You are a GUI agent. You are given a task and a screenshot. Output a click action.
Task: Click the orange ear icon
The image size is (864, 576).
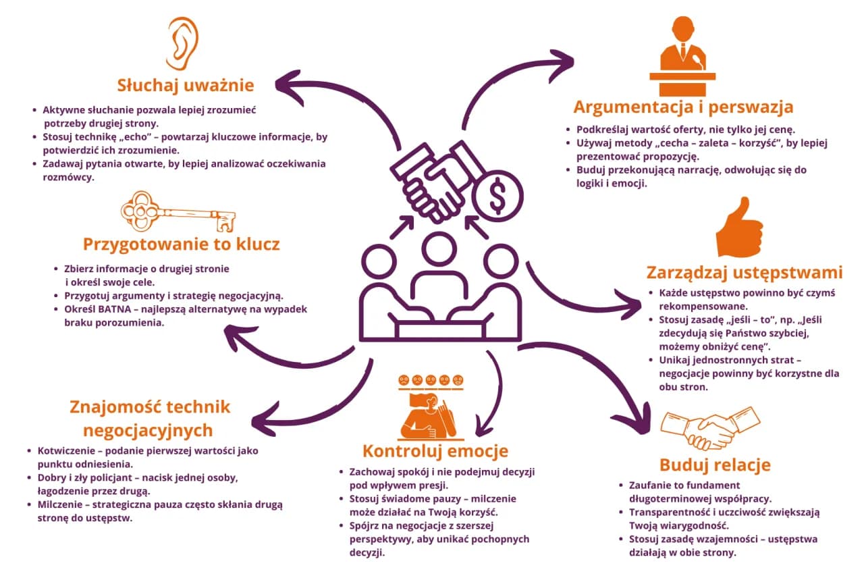click(182, 43)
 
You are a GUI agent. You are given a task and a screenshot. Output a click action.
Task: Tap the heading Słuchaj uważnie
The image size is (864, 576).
click(186, 85)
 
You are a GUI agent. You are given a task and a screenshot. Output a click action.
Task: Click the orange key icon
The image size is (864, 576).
click(178, 211)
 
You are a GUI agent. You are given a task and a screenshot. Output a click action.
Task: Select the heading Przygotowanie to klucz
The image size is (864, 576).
click(182, 244)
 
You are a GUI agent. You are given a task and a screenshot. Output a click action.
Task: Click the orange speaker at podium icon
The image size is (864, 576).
click(682, 56)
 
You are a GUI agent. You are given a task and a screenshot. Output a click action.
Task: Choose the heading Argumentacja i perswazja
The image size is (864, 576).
click(683, 107)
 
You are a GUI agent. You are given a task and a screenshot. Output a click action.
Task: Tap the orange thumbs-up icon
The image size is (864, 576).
click(739, 228)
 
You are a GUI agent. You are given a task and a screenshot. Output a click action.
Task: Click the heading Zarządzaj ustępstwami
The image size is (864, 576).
click(745, 273)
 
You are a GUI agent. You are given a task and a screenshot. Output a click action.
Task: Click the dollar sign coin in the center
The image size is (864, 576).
click(497, 196)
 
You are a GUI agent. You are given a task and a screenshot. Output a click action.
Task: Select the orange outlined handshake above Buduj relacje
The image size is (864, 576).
click(710, 428)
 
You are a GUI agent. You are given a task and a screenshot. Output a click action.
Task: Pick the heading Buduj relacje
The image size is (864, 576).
click(715, 465)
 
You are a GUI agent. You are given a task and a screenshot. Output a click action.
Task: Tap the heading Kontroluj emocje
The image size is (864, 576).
click(435, 451)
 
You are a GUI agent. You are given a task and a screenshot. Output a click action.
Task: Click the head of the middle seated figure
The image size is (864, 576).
click(439, 250)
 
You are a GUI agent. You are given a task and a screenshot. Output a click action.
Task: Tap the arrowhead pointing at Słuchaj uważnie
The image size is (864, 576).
click(288, 87)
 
